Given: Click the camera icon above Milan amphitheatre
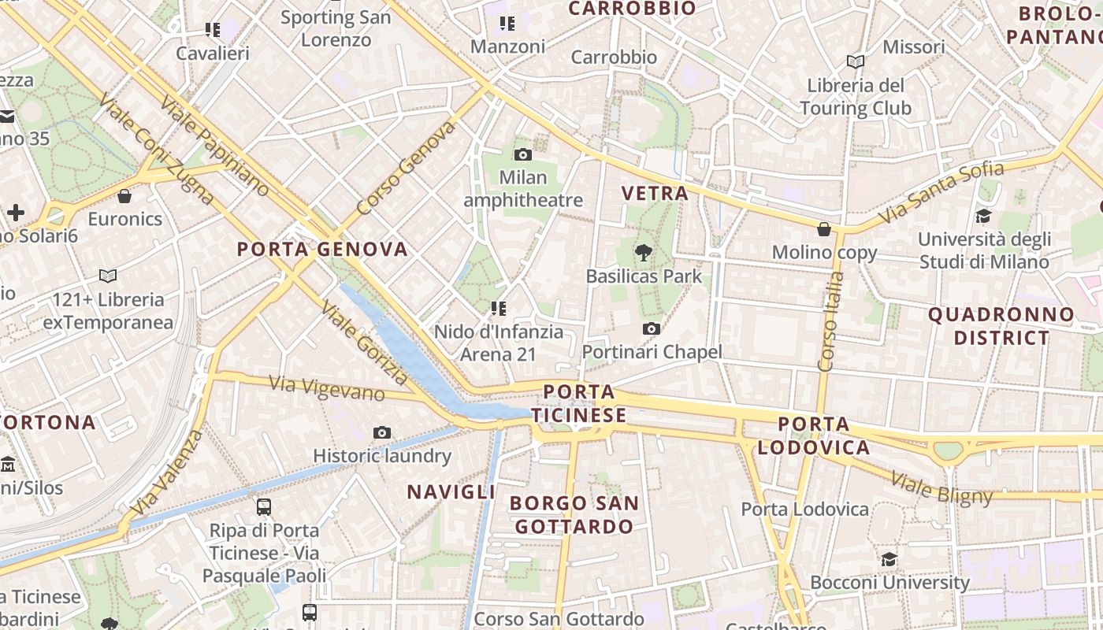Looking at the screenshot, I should (522, 154).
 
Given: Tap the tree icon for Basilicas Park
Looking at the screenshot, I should (644, 253).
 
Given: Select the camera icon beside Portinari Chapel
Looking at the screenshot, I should (651, 328).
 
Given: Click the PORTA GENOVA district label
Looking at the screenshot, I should (323, 250).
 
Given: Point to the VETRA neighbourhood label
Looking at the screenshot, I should (655, 193).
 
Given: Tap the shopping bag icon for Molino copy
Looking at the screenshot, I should (824, 229).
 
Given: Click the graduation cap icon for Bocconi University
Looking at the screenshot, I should (889, 559).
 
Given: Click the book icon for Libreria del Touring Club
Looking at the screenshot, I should (855, 61).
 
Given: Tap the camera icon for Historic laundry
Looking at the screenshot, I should (382, 432).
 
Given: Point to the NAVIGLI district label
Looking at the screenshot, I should (451, 492).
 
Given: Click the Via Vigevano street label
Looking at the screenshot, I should (326, 388).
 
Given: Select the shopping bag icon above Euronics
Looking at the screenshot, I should (124, 196).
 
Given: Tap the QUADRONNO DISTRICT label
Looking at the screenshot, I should (1001, 326).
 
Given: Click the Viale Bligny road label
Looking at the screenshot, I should (941, 487).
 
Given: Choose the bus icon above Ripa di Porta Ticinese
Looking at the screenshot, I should (264, 506).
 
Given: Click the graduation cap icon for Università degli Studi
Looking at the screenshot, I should (983, 216).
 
